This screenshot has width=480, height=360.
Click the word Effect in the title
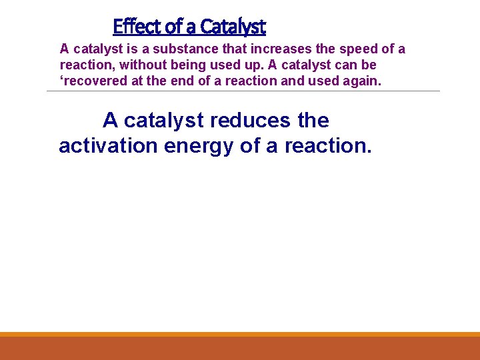point(137,27)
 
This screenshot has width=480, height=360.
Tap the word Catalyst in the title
point(233,27)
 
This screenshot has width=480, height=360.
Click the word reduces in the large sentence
point(253,121)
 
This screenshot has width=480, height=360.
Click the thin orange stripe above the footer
point(240,334)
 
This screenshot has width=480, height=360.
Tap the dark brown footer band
point(240,348)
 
